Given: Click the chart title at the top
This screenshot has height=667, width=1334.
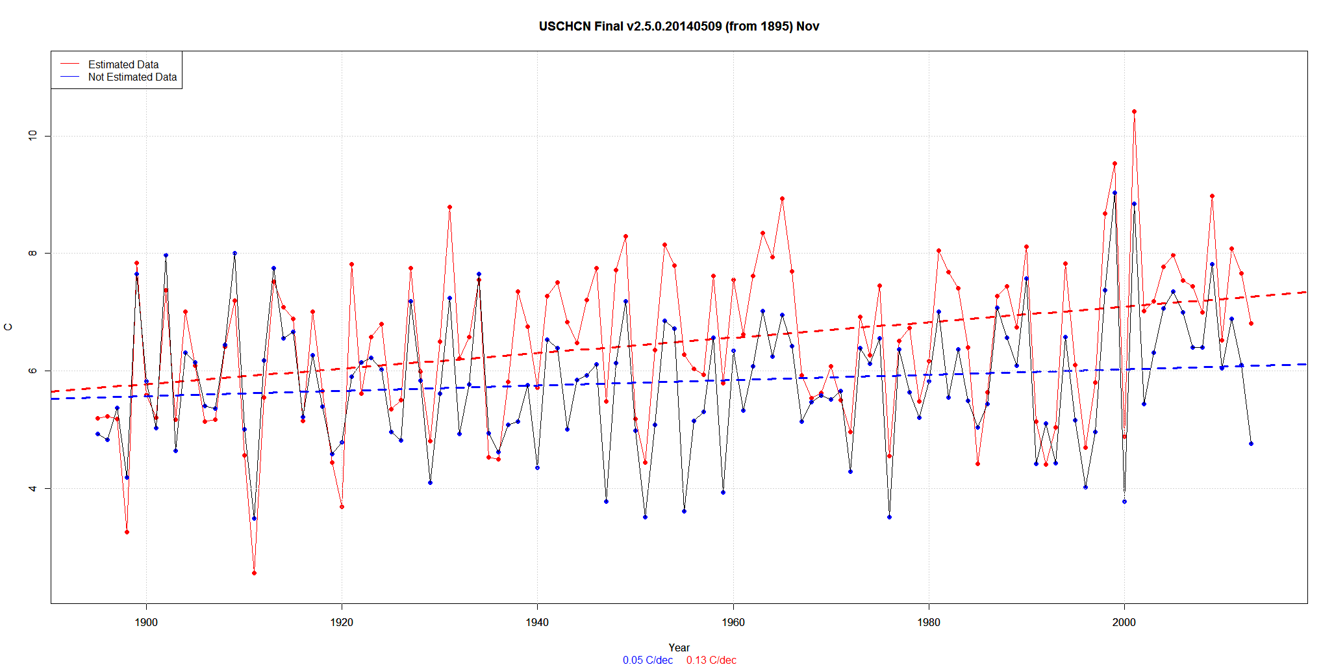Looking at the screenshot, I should tap(679, 27).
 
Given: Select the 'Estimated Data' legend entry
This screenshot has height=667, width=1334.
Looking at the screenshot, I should tap(123, 64).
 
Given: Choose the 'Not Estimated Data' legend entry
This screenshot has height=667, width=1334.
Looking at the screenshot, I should tap(132, 77).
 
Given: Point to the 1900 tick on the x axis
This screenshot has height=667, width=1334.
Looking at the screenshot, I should tap(146, 622).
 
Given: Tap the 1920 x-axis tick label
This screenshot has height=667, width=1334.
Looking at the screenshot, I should tap(342, 622).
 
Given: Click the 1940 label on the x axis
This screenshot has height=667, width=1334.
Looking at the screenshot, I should tap(537, 622).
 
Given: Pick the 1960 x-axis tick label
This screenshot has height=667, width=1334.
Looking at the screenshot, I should tap(733, 622).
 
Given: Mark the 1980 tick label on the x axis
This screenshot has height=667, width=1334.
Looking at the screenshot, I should tap(929, 622).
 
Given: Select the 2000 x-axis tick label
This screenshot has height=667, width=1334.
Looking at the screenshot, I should tap(1124, 622).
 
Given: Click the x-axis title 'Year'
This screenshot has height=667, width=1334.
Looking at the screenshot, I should tap(679, 647).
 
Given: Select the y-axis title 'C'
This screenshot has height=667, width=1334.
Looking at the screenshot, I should tap(8, 327).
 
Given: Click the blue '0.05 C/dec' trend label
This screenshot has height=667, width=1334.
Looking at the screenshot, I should tap(648, 660).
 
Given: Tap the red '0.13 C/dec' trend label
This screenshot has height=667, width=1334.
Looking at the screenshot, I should tap(711, 660).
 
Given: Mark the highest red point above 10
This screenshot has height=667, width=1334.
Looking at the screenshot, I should tap(1134, 111).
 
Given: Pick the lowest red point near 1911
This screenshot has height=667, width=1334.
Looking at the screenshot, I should tap(254, 573).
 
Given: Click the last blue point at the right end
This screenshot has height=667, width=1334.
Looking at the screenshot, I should tap(1251, 443).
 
